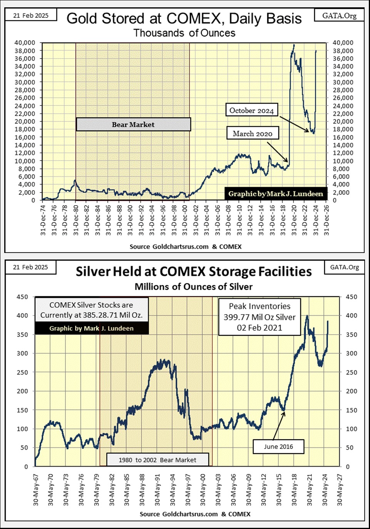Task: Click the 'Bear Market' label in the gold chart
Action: (133, 125)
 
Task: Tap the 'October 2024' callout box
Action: (251, 110)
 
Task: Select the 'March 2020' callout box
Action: (253, 134)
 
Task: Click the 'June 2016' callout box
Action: (278, 447)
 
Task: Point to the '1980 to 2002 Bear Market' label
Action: (157, 460)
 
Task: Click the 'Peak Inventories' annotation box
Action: (260, 317)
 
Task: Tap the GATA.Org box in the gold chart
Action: (339, 15)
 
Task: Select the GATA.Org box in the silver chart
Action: (345, 267)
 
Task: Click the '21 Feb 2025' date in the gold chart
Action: (31, 15)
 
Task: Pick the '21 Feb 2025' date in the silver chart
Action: (30, 267)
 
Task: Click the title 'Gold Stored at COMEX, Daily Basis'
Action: (184, 18)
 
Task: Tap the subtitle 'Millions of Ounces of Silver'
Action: (193, 287)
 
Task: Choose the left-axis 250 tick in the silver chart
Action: (22, 372)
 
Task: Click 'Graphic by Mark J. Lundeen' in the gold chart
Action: (276, 194)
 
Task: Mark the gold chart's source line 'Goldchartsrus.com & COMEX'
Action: (186, 247)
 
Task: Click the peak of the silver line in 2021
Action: (307, 316)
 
